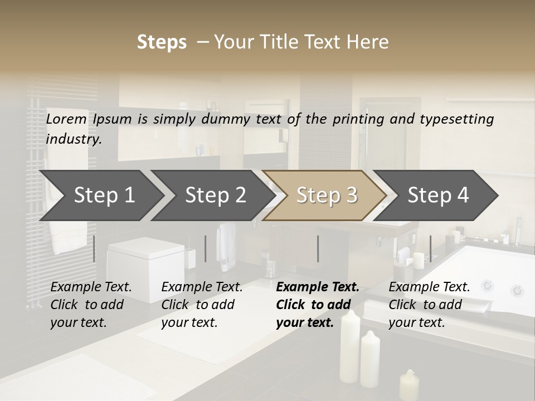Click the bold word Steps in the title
[x=162, y=42]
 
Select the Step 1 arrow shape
[x=100, y=195]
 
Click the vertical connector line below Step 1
[x=94, y=248]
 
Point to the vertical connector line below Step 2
[x=206, y=248]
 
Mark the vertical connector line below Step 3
[x=318, y=248]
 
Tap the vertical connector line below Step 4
[x=430, y=248]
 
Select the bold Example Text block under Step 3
[x=317, y=305]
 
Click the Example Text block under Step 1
[x=91, y=305]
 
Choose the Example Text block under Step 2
[x=202, y=305]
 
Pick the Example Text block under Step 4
[x=429, y=305]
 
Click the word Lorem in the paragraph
[x=66, y=119]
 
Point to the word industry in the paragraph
[x=74, y=139]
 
